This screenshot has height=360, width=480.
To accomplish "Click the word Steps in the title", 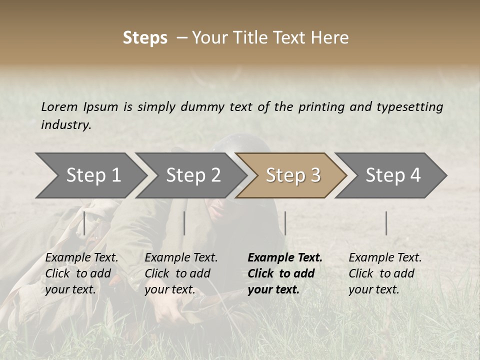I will click(x=145, y=38).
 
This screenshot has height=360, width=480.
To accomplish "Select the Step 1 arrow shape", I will click(x=90, y=175).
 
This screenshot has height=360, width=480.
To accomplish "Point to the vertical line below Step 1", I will click(x=84, y=223).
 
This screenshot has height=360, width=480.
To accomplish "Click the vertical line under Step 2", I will click(x=184, y=223).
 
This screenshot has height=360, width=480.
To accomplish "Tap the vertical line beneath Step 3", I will click(x=285, y=223).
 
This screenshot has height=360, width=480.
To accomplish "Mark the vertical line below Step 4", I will click(x=386, y=223).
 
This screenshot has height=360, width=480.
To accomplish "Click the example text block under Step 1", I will click(x=81, y=273).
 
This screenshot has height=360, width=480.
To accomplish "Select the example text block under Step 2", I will click(x=181, y=273).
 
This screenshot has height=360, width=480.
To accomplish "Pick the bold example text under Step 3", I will click(x=285, y=273).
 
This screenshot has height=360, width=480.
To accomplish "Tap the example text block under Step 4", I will click(x=385, y=273).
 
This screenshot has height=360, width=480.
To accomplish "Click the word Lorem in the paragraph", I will click(x=59, y=107).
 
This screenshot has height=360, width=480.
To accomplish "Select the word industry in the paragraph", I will click(x=66, y=125).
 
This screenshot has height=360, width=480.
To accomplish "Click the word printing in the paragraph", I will click(x=321, y=107).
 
